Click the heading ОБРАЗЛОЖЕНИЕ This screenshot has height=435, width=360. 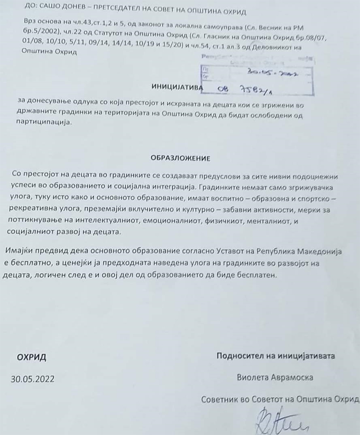click(180, 158)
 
